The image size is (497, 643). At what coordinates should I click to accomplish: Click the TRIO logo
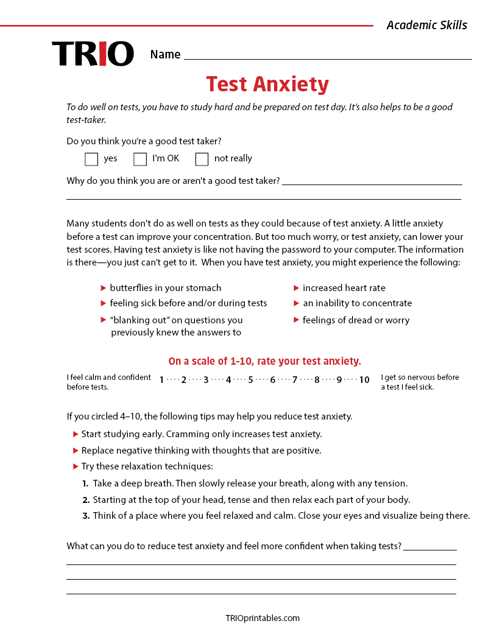(93, 54)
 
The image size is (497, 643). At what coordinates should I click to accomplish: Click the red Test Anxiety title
(267, 84)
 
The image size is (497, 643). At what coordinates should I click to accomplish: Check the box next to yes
(91, 159)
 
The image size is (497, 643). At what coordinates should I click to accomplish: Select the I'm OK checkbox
(140, 159)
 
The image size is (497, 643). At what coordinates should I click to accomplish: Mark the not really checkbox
(202, 159)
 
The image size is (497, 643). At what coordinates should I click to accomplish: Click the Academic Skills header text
(426, 25)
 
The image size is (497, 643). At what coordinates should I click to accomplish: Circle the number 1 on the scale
(161, 380)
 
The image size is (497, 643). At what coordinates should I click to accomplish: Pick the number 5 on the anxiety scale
(250, 380)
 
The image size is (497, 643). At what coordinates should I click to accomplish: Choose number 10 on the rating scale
(364, 380)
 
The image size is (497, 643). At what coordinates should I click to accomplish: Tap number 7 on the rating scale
(295, 380)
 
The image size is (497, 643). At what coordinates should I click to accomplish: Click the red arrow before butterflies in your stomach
(104, 288)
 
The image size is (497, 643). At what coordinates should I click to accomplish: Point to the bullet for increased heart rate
(297, 288)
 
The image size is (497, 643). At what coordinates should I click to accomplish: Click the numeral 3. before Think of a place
(86, 516)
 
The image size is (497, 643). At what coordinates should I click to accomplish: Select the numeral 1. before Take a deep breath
(86, 483)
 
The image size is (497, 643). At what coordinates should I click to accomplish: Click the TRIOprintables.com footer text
(263, 618)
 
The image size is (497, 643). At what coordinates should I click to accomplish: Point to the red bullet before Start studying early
(76, 434)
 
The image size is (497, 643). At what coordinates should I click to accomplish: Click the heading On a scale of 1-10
(264, 361)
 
